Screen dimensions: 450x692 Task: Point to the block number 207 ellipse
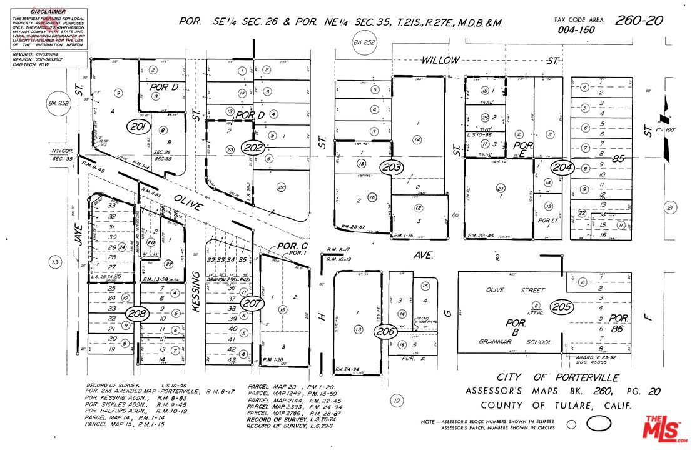point(252,304)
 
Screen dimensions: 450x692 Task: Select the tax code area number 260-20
point(638,21)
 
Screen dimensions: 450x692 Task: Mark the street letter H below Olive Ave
point(323,317)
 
